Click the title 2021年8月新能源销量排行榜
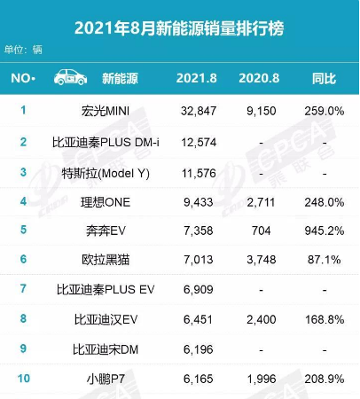coord(180,18)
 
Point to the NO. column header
coord(23,77)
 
